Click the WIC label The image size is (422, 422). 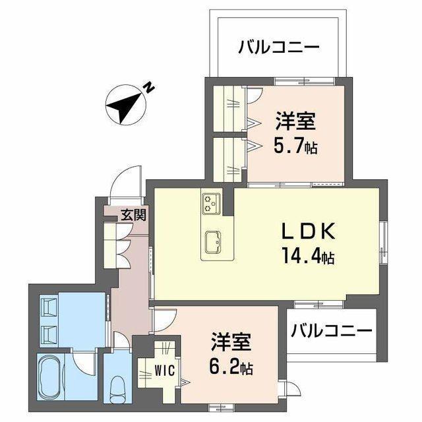[x=165, y=371]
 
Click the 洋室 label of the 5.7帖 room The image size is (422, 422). [x=295, y=123]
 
